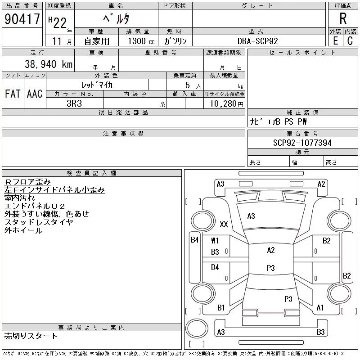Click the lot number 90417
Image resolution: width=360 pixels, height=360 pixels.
pyautogui.click(x=22, y=19)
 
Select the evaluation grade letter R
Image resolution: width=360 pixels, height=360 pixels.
pyautogui.click(x=343, y=18)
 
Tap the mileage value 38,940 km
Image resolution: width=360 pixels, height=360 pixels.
pyautogui.click(x=49, y=64)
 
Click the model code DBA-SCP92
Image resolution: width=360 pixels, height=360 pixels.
pyautogui.click(x=257, y=41)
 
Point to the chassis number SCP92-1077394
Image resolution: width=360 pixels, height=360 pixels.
pyautogui.click(x=302, y=143)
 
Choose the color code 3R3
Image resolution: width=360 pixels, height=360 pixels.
pyautogui.click(x=74, y=103)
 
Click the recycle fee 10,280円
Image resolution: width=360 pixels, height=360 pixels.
pyautogui.click(x=226, y=104)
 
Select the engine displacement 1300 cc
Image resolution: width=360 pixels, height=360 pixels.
pyautogui.click(x=141, y=41)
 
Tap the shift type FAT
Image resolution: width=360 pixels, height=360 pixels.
pyautogui.click(x=13, y=94)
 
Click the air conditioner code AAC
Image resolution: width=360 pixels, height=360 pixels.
pyautogui.click(x=35, y=94)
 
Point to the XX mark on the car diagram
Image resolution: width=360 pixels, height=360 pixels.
pyautogui.click(x=224, y=224)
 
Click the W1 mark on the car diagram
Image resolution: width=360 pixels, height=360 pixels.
pyautogui.click(x=215, y=241)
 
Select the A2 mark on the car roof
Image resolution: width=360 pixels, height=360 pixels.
pyautogui.click(x=271, y=250)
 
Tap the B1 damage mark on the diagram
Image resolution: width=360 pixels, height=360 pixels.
pyautogui.click(x=221, y=308)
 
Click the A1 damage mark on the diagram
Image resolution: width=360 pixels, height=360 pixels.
pyautogui.click(x=320, y=308)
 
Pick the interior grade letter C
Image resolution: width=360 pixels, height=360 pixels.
pyautogui.click(x=350, y=41)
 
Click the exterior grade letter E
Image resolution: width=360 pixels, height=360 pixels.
pyautogui.click(x=336, y=41)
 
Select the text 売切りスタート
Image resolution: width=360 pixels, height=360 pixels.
pyautogui.click(x=31, y=336)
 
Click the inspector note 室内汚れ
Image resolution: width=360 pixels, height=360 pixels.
pyautogui.click(x=19, y=198)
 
